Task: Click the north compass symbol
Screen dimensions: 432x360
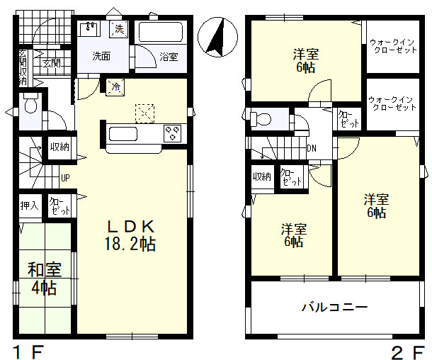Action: click(217, 38)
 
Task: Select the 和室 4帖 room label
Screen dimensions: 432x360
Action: click(45, 279)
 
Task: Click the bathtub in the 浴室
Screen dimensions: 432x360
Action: click(161, 33)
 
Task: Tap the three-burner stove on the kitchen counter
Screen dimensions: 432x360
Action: click(173, 133)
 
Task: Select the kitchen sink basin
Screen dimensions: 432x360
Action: click(123, 134)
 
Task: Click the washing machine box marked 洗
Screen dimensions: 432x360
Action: click(119, 28)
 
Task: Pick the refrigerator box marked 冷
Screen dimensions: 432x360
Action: click(115, 87)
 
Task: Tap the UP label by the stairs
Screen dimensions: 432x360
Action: click(65, 178)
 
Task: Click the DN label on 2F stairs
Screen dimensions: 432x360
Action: click(312, 149)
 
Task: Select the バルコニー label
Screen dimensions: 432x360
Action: click(335, 307)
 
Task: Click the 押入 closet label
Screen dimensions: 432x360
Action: click(30, 206)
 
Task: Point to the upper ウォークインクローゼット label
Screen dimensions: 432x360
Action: click(392, 46)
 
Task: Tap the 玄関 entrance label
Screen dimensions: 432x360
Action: click(52, 64)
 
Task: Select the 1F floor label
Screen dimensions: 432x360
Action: click(29, 352)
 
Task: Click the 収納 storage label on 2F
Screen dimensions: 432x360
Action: click(262, 176)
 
